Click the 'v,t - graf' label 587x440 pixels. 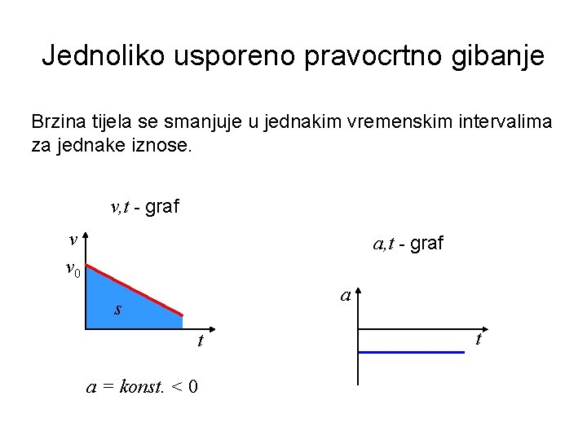pos(144,207)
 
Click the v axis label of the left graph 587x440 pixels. pos(73,240)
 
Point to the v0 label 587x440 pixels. pos(73,269)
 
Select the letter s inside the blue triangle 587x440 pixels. pos(118,310)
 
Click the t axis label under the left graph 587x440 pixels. pos(200,342)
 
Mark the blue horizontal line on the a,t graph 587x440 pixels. pos(412,352)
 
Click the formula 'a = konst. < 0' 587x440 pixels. pos(143,386)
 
